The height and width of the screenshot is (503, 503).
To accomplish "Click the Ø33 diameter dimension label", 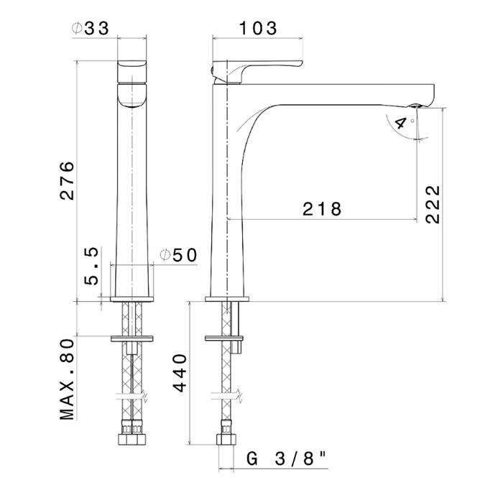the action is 91,28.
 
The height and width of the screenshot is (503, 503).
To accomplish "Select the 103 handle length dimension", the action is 258,28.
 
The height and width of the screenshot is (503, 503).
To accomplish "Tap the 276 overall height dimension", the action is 68,181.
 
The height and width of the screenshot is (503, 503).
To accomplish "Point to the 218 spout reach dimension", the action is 322,209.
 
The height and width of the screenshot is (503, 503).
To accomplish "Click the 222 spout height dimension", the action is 433,204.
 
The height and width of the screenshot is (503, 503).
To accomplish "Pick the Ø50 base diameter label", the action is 178,255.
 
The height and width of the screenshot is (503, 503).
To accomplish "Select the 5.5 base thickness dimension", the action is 91,267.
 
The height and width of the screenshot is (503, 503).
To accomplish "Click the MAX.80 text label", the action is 67,379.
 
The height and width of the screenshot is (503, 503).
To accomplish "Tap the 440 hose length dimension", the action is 180,373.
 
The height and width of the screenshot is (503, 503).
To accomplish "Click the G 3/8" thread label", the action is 287,458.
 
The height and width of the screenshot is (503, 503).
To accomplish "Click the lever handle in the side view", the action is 257,71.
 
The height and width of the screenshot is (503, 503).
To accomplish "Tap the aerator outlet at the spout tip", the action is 415,106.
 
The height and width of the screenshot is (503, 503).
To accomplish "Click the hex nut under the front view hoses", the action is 131,439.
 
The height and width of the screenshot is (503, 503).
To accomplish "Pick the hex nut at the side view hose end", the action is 226,439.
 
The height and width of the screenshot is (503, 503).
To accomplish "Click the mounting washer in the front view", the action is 131,338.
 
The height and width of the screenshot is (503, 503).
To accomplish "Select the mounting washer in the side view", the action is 224,338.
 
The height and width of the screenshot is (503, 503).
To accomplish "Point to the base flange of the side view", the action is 227,300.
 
